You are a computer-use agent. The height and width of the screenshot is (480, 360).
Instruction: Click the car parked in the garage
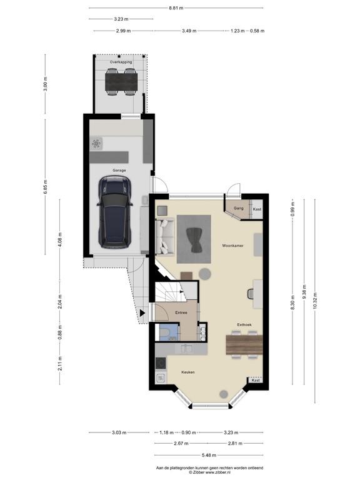coord(114,209)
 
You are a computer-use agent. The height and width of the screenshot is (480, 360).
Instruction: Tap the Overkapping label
coord(121,62)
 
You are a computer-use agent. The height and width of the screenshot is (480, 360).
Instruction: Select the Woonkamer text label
coord(232,246)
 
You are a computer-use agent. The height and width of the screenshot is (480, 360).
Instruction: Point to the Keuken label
coord(188,372)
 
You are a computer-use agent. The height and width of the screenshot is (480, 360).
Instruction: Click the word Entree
coord(181,312)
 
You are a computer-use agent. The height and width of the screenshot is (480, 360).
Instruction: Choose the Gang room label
coord(238,207)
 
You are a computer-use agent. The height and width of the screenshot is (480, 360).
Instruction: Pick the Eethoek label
coord(244,324)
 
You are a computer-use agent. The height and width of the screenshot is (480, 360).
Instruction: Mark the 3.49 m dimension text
coord(189,31)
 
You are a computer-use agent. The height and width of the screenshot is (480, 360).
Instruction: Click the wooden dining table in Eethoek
coord(242,344)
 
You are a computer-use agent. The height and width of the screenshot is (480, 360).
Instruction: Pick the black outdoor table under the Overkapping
coord(121,79)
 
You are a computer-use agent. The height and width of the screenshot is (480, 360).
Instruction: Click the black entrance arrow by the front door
coord(143,312)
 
